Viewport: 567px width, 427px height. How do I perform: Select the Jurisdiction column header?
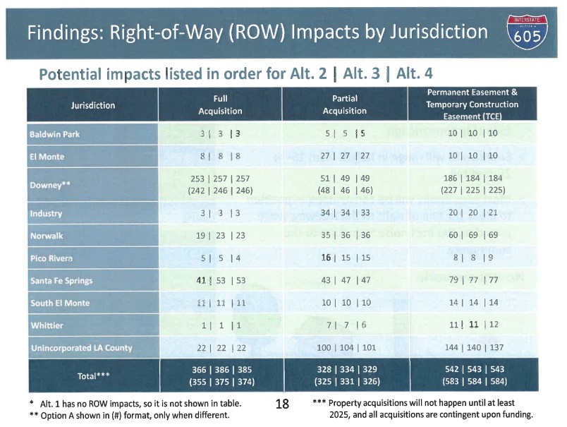92,105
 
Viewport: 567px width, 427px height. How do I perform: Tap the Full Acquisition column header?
220,105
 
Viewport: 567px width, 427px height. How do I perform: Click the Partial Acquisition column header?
344,105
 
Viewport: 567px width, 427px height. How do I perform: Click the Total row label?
92,376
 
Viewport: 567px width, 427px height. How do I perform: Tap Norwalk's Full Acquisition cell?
220,236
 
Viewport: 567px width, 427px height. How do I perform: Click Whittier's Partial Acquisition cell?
344,325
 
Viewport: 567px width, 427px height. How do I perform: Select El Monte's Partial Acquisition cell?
344,157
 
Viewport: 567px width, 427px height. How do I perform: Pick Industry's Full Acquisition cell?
220,213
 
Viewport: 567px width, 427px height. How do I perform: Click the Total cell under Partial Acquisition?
344,375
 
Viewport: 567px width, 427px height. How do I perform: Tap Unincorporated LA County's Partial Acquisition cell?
344,349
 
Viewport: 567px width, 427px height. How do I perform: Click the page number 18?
281,405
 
